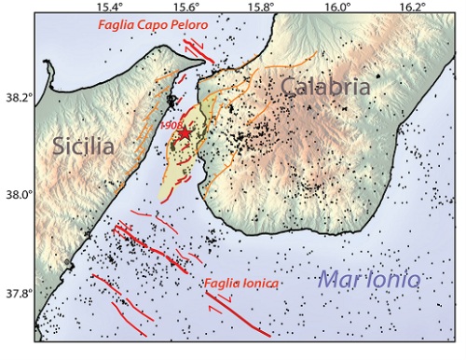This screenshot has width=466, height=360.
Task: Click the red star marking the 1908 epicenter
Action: [x=184, y=134]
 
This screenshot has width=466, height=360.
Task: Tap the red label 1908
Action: [x=171, y=124]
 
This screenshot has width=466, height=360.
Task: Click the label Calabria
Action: [x=323, y=89]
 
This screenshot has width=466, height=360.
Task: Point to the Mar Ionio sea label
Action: [x=370, y=279]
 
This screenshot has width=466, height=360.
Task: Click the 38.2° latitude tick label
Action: [x=16, y=96]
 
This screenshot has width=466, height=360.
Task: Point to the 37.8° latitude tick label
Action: [x=16, y=293]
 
